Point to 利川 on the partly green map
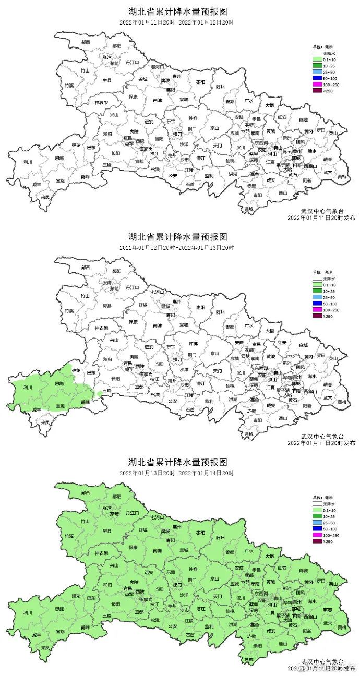[28, 388]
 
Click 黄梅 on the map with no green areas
[341, 176]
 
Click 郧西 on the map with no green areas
[86, 41]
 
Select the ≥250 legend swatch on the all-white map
[317, 91]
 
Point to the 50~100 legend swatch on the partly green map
[317, 304]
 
